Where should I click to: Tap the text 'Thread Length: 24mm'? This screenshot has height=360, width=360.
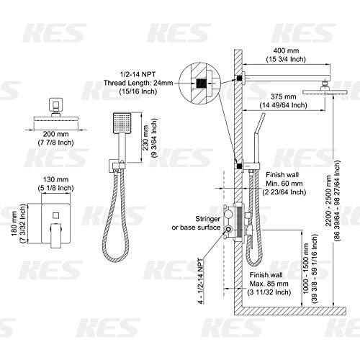(x=148, y=82)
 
